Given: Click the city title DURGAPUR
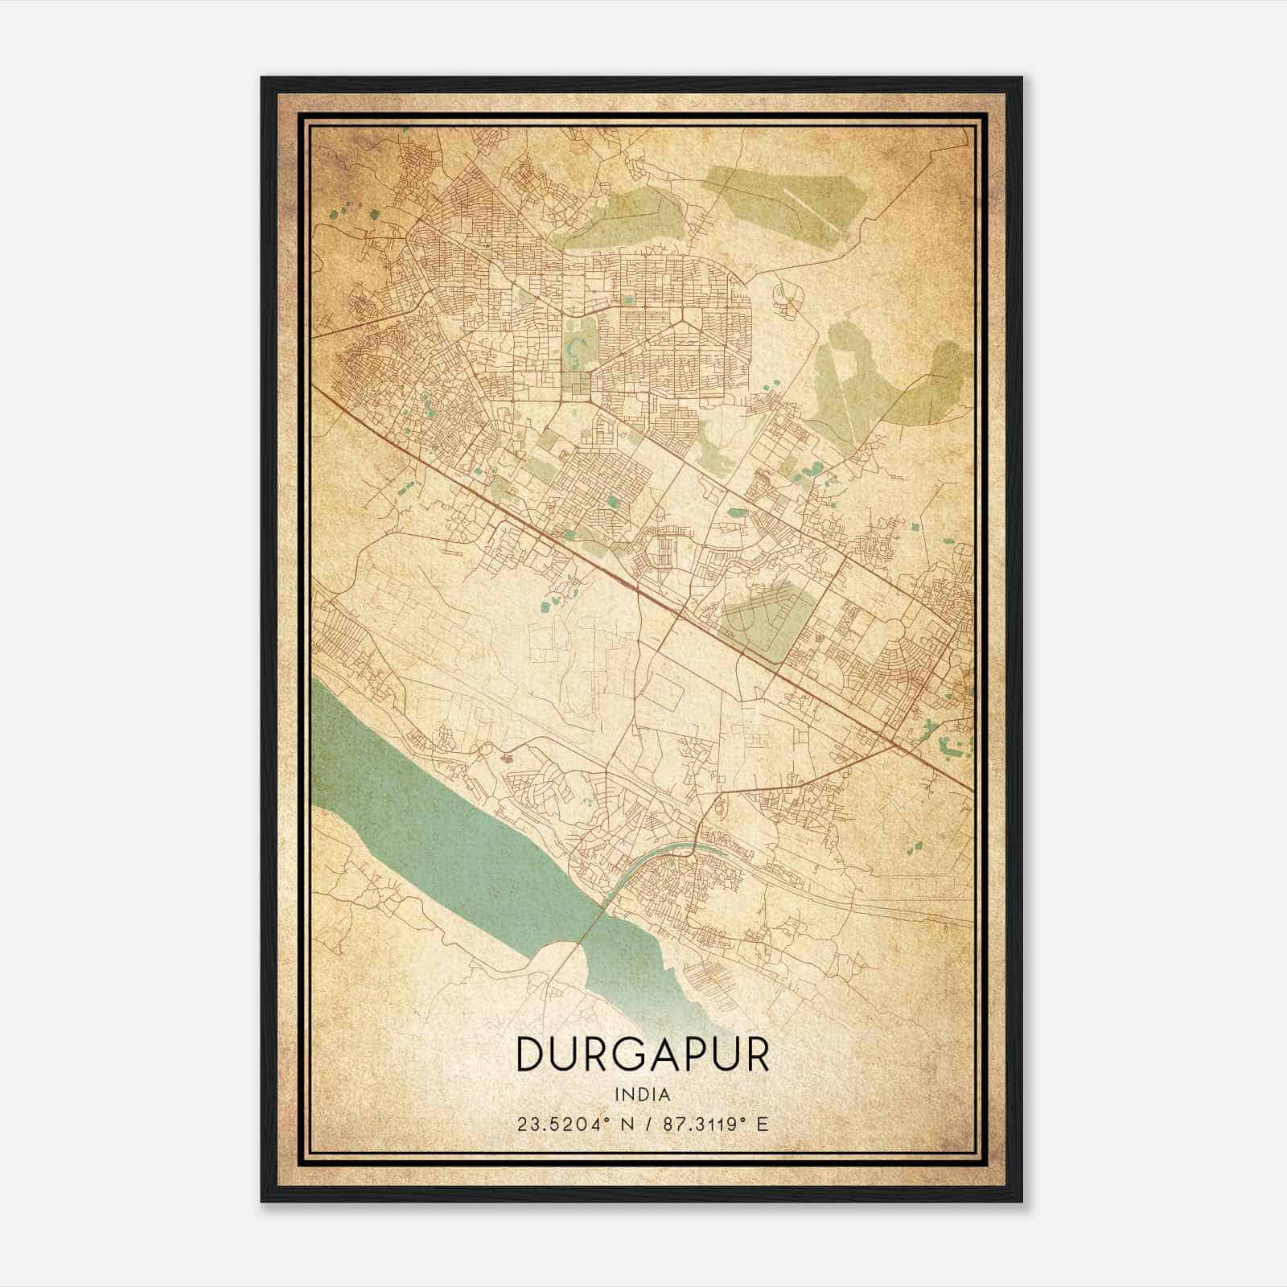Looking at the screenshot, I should pyautogui.click(x=642, y=1054).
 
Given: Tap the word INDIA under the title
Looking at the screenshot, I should pyautogui.click(x=642, y=1095).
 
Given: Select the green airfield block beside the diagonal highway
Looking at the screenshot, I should pyautogui.click(x=760, y=623).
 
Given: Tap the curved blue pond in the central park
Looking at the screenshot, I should pyautogui.click(x=576, y=347).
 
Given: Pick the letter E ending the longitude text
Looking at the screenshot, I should pyautogui.click(x=763, y=1124).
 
